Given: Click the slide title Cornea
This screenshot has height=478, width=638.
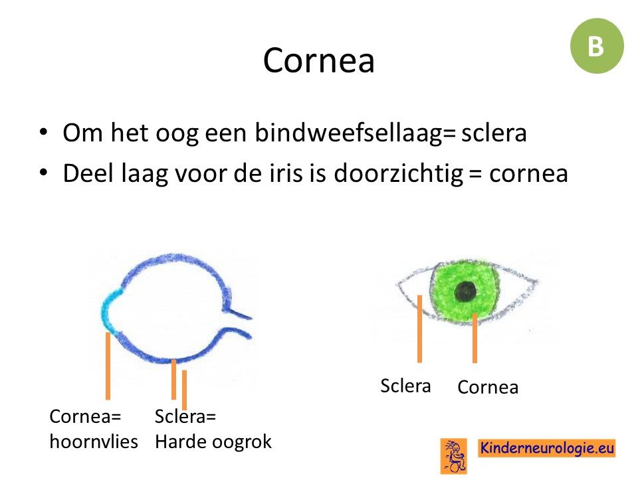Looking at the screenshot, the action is (318, 60).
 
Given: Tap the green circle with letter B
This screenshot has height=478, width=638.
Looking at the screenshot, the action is (597, 46).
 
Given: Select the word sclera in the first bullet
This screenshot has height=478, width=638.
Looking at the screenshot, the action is (494, 133).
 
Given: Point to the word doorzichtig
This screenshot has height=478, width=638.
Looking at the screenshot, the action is (398, 173).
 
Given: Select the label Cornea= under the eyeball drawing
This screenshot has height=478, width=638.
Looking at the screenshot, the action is (86, 416).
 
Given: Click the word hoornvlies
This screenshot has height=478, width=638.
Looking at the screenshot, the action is (94, 441).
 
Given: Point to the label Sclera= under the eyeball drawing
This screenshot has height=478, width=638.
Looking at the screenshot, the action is (185, 416).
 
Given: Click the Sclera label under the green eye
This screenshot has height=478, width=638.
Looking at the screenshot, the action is (405, 386).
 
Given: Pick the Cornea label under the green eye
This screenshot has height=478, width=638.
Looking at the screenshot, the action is (488, 387).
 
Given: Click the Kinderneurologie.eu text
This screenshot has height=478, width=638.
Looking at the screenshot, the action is (547, 448).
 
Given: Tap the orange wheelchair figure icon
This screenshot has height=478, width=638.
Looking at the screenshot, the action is (454, 456).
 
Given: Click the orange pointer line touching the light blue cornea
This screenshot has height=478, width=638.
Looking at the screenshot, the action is (108, 366).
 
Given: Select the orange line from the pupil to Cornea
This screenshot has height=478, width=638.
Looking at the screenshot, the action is (475, 338).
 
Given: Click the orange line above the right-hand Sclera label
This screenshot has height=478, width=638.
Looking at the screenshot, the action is (419, 329).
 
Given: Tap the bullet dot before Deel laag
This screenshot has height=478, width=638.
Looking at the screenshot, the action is (44, 173).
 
